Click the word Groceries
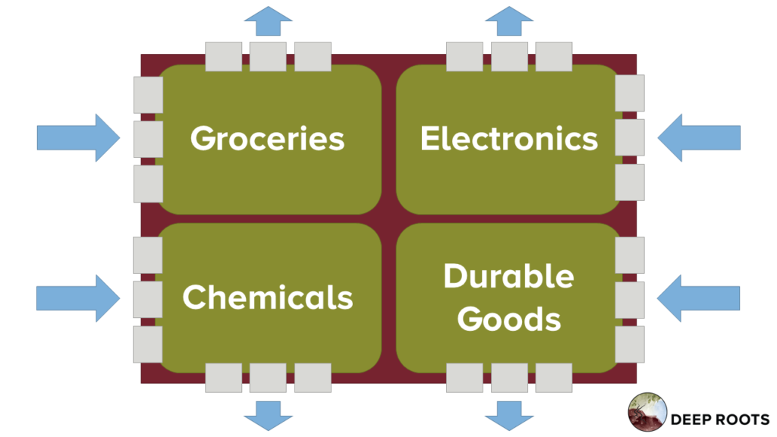268,138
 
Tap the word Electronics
509,138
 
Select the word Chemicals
268,297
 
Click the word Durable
509,275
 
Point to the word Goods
509,319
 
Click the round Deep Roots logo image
647,412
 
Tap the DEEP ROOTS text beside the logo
720,420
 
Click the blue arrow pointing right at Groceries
78,138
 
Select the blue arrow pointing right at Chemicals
78,298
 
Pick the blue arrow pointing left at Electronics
699,138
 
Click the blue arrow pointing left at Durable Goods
698,298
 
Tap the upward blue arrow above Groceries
268,20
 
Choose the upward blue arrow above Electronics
509,20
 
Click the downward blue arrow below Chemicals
268,416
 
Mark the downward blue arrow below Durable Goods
509,416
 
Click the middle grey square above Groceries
268,56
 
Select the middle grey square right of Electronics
630,137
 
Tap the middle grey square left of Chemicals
148,299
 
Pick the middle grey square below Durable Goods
509,378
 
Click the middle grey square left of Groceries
148,140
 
